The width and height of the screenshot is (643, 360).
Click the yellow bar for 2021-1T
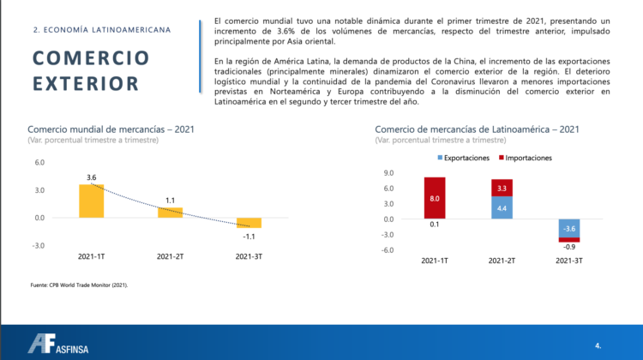point(91,201)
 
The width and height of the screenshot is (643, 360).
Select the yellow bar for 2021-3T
point(249,222)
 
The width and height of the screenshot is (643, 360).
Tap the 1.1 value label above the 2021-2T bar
point(170,201)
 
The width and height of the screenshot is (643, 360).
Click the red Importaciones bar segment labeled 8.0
point(435,197)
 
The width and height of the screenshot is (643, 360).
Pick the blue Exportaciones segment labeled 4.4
point(502,207)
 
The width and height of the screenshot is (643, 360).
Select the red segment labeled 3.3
point(502,188)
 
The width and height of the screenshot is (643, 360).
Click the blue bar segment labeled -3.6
point(568,228)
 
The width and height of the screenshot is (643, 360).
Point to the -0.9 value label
point(568,247)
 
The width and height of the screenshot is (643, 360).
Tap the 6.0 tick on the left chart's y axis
point(39,162)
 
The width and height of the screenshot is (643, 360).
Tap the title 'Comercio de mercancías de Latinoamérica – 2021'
point(477,129)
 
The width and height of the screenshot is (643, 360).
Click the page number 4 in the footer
point(598,345)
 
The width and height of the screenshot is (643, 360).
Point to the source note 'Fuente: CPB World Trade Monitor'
point(79,285)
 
